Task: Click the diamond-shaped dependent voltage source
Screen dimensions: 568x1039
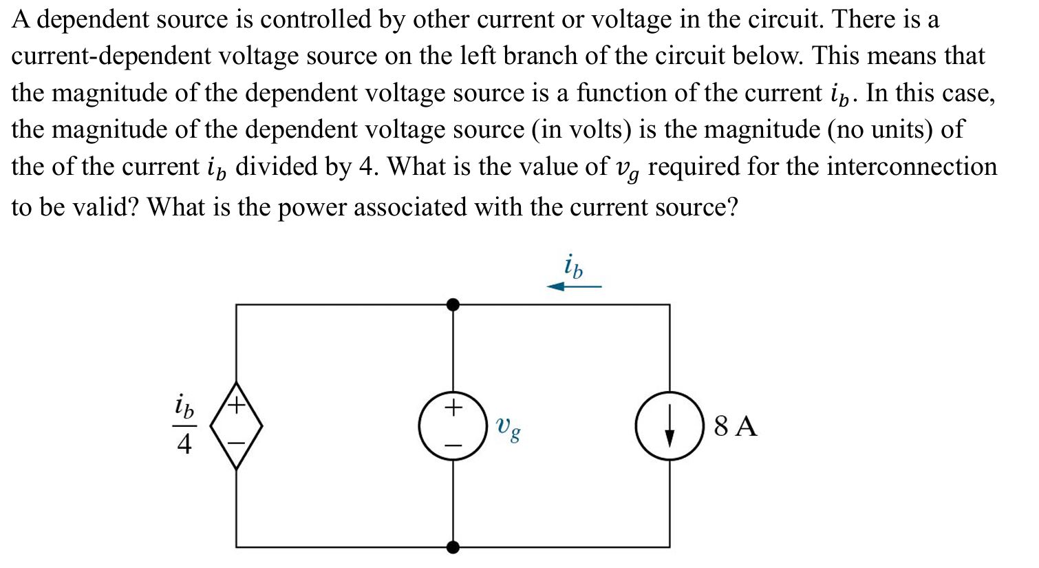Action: tap(236, 425)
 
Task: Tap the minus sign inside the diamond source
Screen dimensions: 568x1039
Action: tap(236, 444)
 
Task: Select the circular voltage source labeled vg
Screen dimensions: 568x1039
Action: tap(452, 425)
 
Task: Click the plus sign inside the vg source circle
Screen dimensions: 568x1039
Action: tap(452, 408)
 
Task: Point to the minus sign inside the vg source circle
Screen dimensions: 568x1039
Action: tap(452, 446)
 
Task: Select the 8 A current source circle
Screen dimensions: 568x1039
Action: tap(669, 425)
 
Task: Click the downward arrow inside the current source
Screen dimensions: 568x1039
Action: tap(669, 427)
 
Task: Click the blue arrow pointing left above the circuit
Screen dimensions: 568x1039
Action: tap(574, 286)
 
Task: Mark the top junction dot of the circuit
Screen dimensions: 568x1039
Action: tap(452, 304)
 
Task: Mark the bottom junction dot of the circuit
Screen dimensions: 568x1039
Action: tap(452, 547)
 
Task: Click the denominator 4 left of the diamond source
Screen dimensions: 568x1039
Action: tap(184, 445)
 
